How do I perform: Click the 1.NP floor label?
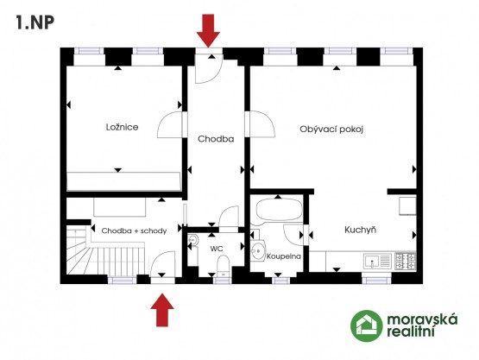click(35, 22)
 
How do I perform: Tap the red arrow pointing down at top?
click(208, 30)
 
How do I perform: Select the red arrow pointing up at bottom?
click(162, 310)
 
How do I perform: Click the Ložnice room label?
click(122, 127)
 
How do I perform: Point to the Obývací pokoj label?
click(331, 129)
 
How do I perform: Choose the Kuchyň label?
click(360, 230)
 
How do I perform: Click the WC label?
click(217, 249)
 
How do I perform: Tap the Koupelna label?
click(284, 256)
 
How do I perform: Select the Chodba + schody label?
click(134, 231)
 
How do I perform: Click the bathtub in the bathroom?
click(279, 210)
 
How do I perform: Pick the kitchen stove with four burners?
click(406, 261)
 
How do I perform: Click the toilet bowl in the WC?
click(224, 265)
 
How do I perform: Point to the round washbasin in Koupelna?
click(258, 251)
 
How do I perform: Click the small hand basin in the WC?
click(192, 240)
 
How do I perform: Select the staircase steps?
click(105, 256)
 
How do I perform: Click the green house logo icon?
click(366, 325)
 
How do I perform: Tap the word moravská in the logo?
click(422, 319)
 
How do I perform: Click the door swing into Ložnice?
click(170, 124)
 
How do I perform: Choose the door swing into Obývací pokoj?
click(262, 124)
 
